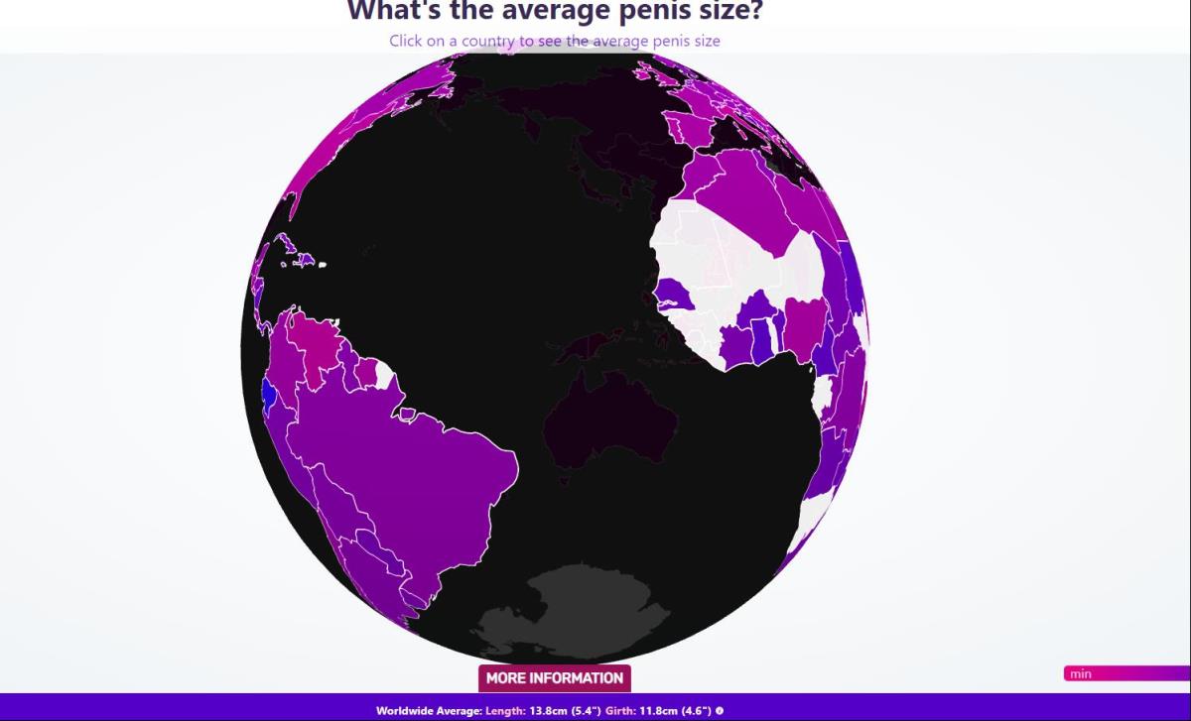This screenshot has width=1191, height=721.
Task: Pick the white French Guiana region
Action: click(x=383, y=376)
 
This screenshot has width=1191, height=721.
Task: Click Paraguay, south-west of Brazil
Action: click(x=374, y=543)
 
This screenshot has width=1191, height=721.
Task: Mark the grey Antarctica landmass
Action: click(x=566, y=605)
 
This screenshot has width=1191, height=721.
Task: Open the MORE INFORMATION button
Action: click(x=554, y=678)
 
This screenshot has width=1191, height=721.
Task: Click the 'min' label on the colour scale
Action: click(x=1081, y=674)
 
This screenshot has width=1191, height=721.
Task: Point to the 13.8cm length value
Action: click(x=539, y=711)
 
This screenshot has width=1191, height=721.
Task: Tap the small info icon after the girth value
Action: click(x=720, y=711)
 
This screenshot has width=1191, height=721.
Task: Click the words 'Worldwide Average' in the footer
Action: click(x=428, y=711)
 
